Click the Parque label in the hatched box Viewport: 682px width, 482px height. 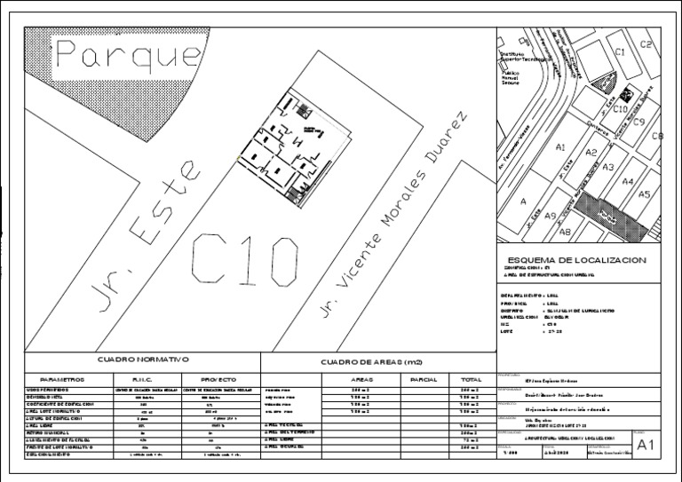click(x=130, y=57)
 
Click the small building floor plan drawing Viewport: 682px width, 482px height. click(x=291, y=145)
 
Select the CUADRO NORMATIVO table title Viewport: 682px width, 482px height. click(x=143, y=360)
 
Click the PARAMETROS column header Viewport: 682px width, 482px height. click(x=55, y=379)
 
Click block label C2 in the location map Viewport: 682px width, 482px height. click(x=646, y=44)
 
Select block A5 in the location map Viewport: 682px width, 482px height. click(x=645, y=194)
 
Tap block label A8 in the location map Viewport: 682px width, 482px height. click(x=564, y=232)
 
